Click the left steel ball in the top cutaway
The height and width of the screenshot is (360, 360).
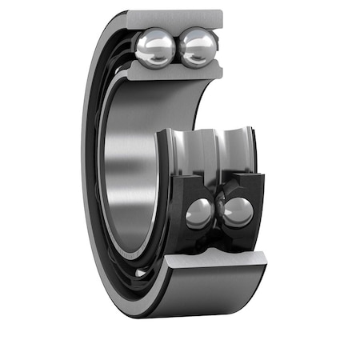click(155, 48)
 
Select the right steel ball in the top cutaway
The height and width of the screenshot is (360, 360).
click(198, 47)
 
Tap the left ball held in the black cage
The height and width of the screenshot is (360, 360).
click(198, 213)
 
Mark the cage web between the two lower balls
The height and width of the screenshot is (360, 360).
click(218, 210)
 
